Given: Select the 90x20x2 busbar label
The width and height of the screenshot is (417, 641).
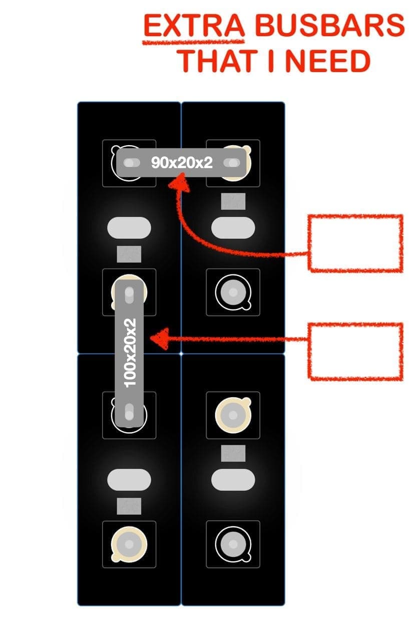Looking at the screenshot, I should pos(182,162).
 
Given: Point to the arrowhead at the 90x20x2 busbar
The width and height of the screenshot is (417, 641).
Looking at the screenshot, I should pos(179,186).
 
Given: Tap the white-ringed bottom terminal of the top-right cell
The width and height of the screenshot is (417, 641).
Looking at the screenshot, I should pos(233,292).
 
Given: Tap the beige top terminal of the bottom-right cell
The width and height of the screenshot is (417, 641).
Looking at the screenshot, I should pos(233,414).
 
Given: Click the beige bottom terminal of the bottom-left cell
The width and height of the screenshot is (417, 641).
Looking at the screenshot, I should pos(129,544).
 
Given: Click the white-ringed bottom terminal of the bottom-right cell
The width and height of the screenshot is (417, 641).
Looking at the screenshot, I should pos(233,544).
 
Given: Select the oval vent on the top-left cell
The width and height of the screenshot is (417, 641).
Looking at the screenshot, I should pos(129,227).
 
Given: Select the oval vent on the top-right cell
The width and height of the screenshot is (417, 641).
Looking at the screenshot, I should pos(233,227).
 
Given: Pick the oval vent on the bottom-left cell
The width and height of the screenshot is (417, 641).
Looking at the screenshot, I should pos(129,480).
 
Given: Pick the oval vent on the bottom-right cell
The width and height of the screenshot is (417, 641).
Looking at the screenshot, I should pos(233,480).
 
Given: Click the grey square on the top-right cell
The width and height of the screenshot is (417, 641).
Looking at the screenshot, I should pos(233,201).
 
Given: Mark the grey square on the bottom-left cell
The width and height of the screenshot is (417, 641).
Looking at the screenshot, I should pos(129,506).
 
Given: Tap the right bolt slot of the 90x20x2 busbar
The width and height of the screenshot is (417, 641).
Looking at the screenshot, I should pos(232,162).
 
